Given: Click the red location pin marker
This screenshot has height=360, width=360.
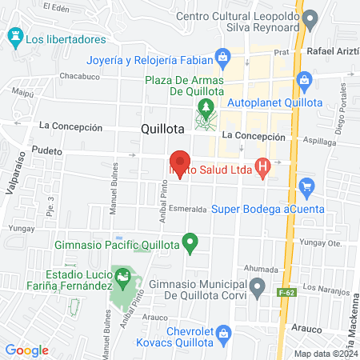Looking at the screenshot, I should (179, 162).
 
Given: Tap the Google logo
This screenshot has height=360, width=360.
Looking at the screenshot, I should (26, 350).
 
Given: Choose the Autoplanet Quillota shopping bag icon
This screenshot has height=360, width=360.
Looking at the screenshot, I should (304, 80).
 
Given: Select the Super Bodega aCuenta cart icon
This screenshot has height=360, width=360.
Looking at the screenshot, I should (306, 187).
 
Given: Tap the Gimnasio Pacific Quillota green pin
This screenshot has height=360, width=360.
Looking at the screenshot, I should (190, 240).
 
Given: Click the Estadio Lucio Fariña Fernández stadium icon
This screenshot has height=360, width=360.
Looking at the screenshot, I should (123, 279).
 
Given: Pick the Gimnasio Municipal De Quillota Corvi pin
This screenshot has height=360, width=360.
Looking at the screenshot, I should (257, 286).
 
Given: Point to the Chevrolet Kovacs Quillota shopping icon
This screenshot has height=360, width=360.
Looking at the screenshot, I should (224, 333).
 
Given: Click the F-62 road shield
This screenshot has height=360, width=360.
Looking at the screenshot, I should (285, 294).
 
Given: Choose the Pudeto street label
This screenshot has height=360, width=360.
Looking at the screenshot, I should (47, 150).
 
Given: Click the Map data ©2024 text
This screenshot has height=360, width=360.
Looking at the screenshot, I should (323, 354).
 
